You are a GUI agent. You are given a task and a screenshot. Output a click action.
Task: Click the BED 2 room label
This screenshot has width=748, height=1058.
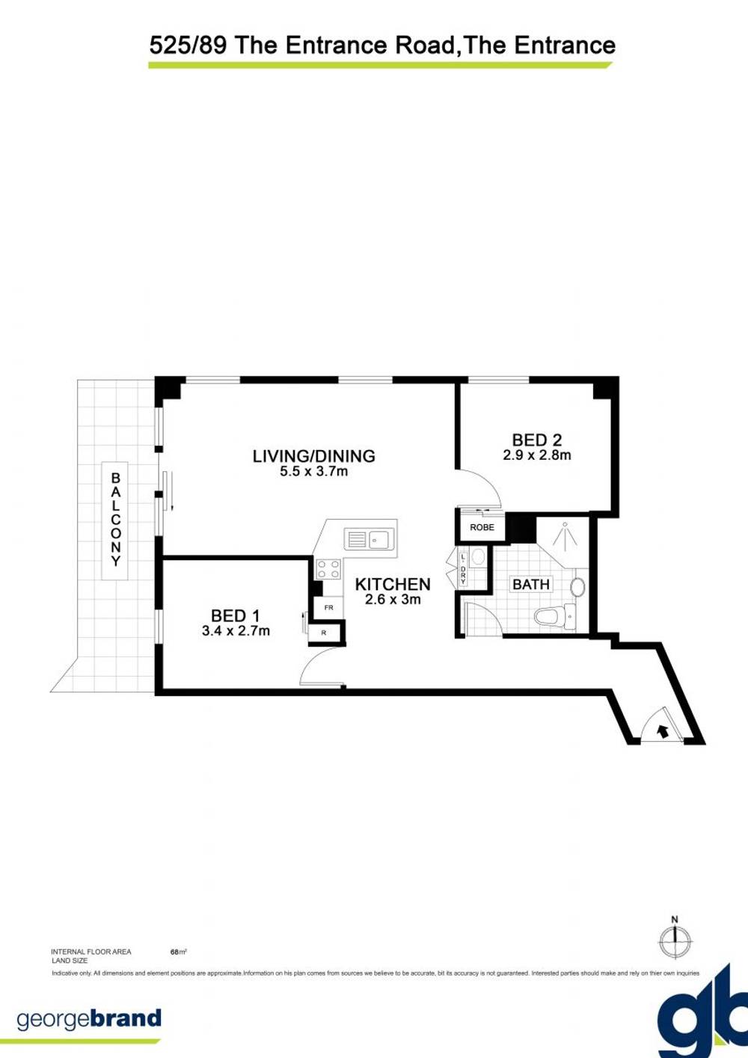536,440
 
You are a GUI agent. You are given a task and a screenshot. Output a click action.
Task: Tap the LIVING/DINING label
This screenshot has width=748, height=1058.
313,455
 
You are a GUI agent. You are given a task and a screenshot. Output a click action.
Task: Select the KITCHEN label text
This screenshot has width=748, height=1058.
393,584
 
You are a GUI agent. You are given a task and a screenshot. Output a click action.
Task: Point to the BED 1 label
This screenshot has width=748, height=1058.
235,615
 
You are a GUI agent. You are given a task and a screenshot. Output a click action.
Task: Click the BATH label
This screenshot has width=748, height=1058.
531,584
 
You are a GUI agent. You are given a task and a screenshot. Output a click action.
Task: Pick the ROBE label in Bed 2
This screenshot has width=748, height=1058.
482,527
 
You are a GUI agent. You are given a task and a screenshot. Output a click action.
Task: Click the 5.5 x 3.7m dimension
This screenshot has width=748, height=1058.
313,472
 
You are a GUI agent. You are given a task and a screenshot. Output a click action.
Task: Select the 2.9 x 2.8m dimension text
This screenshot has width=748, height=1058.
536,455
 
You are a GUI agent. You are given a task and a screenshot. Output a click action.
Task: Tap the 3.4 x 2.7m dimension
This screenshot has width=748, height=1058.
236,631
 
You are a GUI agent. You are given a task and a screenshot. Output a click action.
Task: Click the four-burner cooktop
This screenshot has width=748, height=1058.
328,568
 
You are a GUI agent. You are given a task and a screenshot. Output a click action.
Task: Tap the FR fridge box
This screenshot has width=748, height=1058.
328,608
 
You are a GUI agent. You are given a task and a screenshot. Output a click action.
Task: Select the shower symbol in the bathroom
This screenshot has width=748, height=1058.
565,535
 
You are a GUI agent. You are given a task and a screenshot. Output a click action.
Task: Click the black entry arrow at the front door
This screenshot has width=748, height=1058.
662,731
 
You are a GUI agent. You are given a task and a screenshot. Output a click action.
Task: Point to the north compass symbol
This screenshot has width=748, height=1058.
675,939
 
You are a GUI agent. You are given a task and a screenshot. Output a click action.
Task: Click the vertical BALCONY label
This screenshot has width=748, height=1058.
115,519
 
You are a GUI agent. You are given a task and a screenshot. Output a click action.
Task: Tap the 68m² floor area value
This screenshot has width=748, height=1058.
178,952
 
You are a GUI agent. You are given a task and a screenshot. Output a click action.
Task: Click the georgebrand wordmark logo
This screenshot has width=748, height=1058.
88,1019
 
